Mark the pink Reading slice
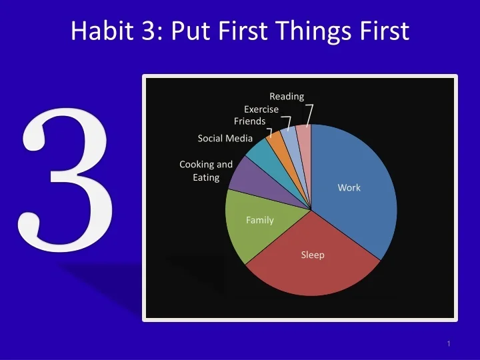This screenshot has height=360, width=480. pos(304,136)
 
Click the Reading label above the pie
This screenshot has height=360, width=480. pos(287,97)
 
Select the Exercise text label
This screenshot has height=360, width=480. pos(261,109)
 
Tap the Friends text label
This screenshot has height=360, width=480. pos(249,121)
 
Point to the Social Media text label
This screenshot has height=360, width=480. pos(225,139)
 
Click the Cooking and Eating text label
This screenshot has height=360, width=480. pos(206,171)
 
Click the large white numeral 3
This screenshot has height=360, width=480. pos(67,183)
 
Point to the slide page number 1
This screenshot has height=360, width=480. pos(449,343)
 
